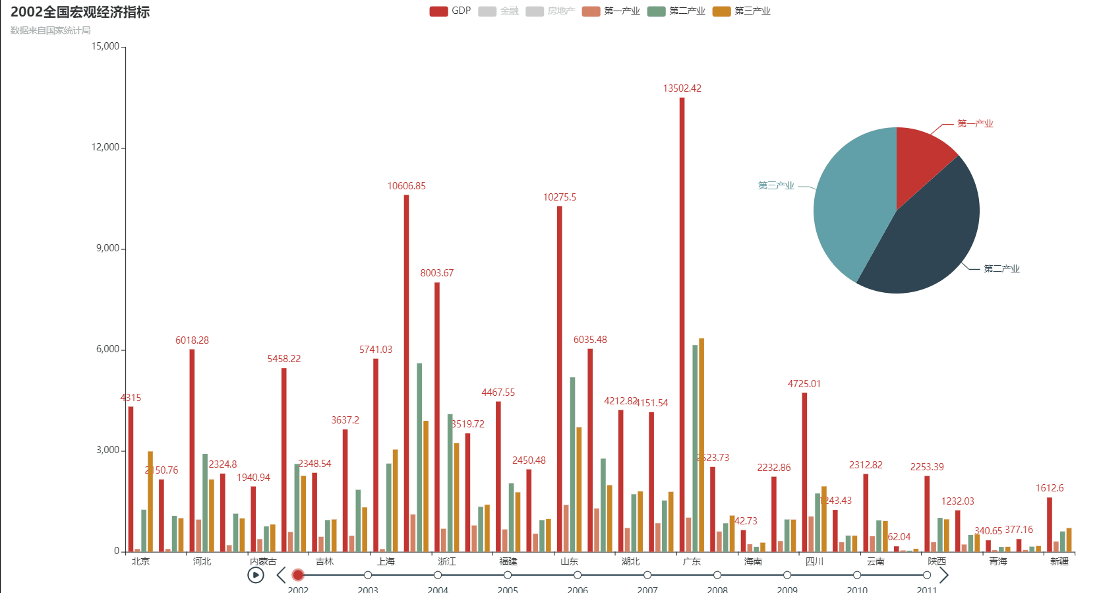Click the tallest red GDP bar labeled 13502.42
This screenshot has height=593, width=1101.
[x=682, y=323]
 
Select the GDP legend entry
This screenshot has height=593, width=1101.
[x=450, y=11]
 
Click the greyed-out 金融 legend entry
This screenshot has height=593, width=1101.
[x=498, y=11]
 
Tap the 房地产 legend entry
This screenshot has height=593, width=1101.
[x=550, y=11]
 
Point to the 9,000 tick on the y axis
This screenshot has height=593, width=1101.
[x=108, y=249]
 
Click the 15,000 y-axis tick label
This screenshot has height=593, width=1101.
[x=105, y=46]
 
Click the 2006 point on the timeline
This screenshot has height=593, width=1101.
[x=578, y=575]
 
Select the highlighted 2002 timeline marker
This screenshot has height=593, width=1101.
[x=298, y=575]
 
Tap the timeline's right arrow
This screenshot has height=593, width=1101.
[x=943, y=575]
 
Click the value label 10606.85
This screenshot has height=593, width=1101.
[x=406, y=186]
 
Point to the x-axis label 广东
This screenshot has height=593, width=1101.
[x=692, y=561]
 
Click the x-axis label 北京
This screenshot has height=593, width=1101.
[x=140, y=561]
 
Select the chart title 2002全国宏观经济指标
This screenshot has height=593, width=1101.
[x=80, y=12]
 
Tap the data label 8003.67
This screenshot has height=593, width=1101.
[x=436, y=273]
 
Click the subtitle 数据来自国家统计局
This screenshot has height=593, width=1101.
[x=51, y=30]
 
